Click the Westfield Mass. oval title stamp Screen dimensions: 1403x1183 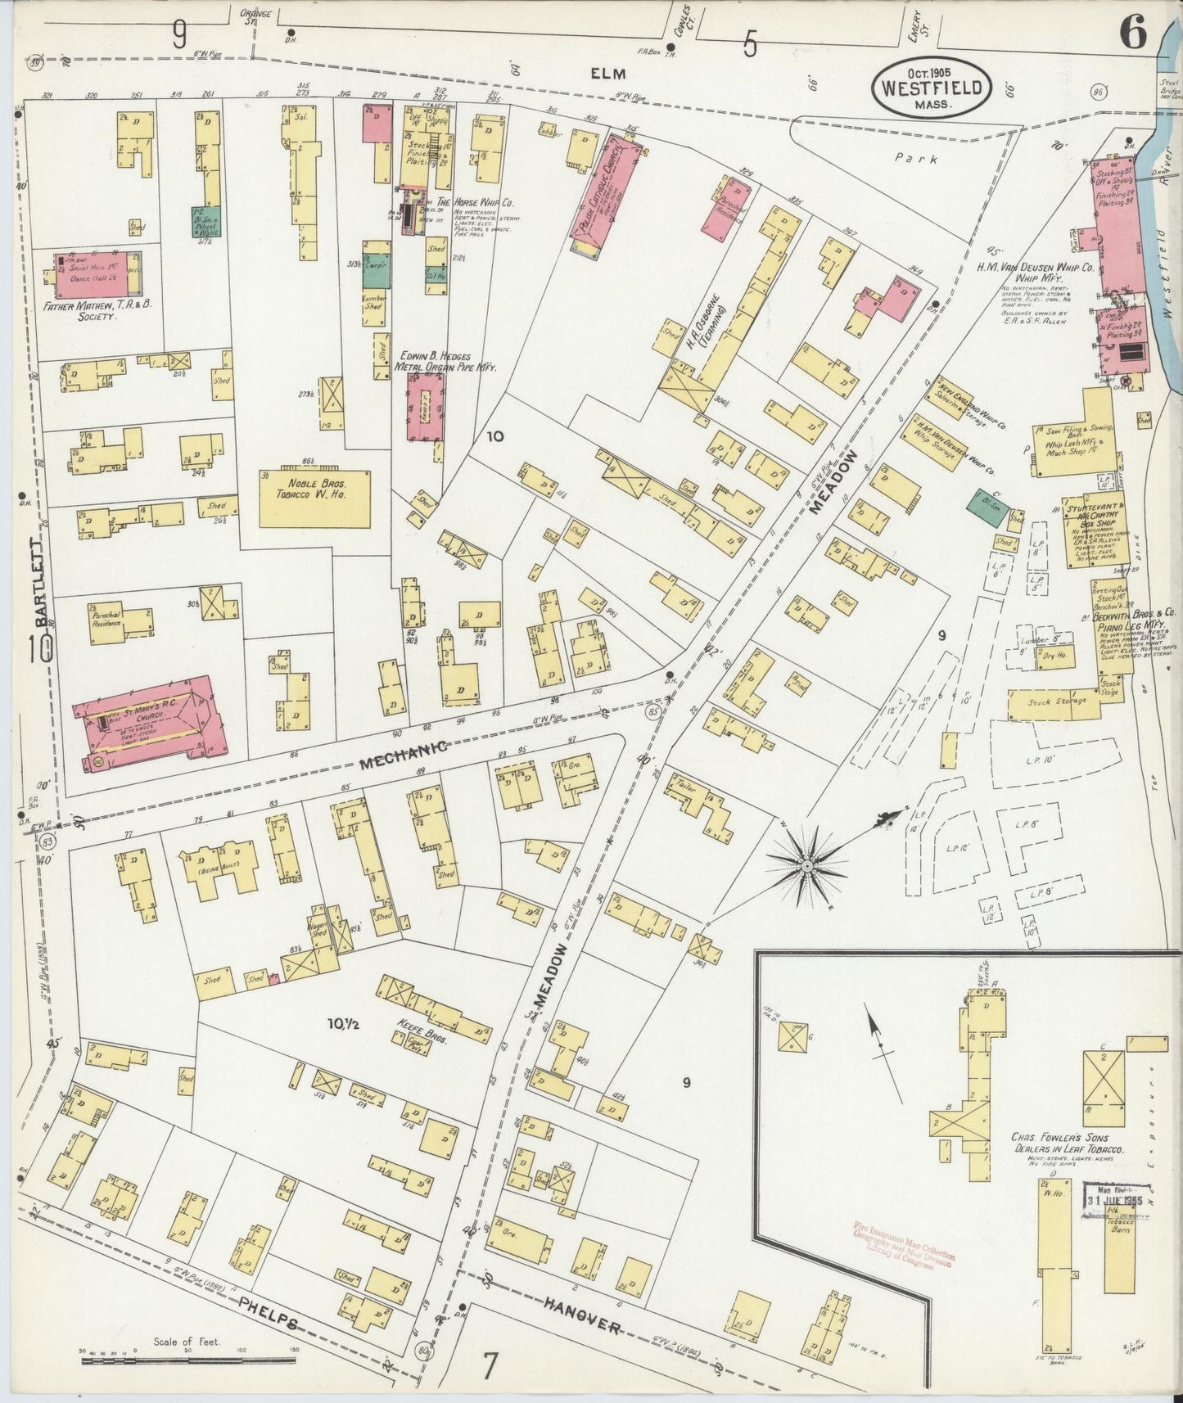pos(931,88)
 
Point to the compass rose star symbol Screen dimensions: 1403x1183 pos(807,864)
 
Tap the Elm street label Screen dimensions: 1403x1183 pos(609,73)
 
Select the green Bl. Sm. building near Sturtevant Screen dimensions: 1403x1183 pos(987,508)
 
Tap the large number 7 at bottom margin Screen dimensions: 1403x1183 pos(490,1366)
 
